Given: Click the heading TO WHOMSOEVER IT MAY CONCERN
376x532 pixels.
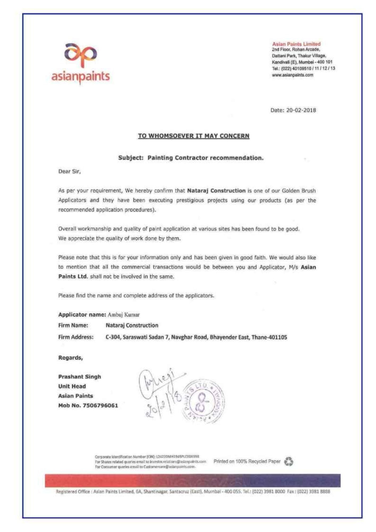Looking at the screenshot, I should point(194,136).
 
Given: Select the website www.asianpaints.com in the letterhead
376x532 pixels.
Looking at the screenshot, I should point(293,75).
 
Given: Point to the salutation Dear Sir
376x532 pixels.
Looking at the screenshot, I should point(69,172).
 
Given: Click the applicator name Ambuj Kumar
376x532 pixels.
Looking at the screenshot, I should point(123,315).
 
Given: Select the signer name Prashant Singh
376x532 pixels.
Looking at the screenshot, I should point(80,377).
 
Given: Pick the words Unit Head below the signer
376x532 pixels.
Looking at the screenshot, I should point(72,386).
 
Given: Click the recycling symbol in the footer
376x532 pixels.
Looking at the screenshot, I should point(289,462).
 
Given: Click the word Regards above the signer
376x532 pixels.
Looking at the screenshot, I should point(70,358).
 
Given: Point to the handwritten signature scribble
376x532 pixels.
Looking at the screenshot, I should point(160,383).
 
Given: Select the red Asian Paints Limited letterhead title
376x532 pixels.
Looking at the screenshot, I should point(296,44).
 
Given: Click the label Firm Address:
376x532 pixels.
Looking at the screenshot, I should point(76,337).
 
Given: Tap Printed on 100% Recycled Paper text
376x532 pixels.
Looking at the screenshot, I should point(247,462).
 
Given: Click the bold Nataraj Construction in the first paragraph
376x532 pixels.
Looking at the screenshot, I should point(216,191).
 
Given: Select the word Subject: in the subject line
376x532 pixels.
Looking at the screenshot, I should point(131,158).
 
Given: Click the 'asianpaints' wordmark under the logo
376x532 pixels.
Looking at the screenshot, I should point(81,76).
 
